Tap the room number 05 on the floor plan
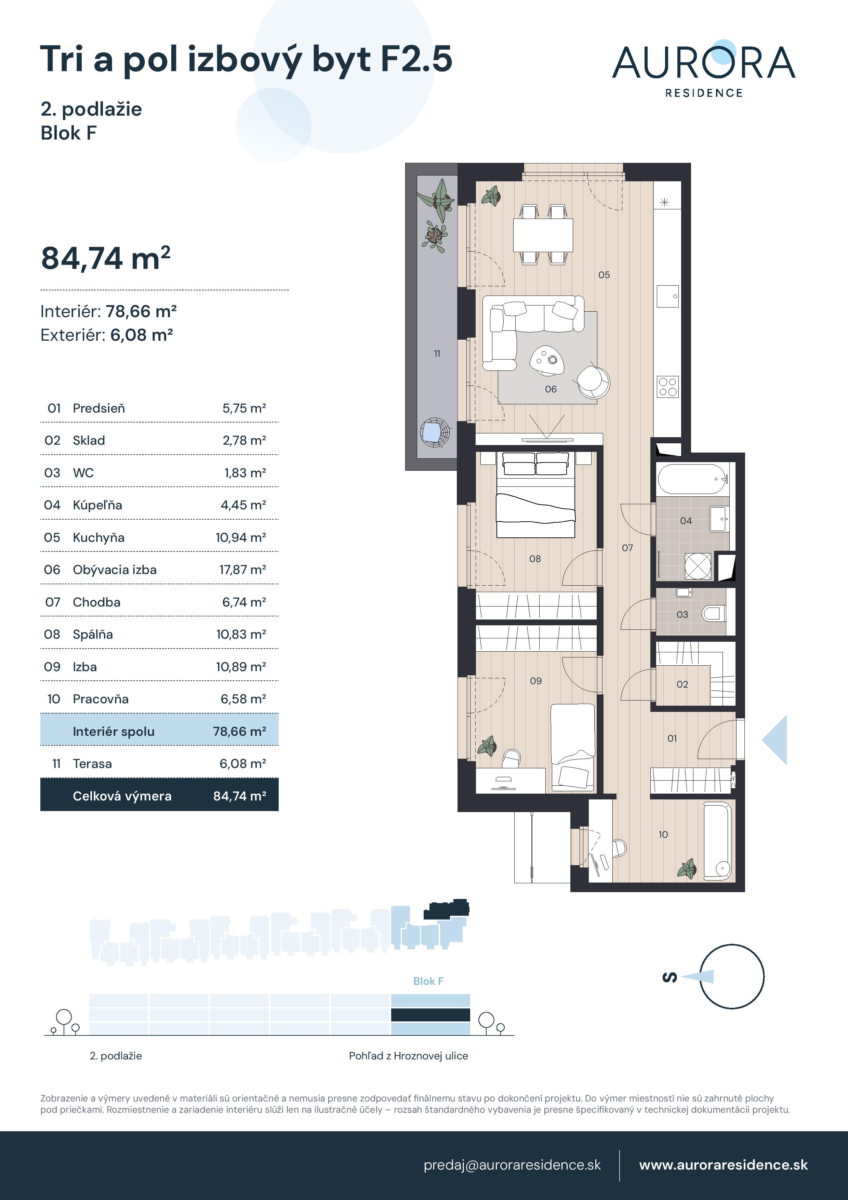(604, 275)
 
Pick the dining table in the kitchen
(543, 235)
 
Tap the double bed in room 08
(535, 494)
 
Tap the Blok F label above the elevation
(428, 981)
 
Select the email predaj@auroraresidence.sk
(512, 1165)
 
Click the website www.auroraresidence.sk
(723, 1165)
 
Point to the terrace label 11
(437, 354)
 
